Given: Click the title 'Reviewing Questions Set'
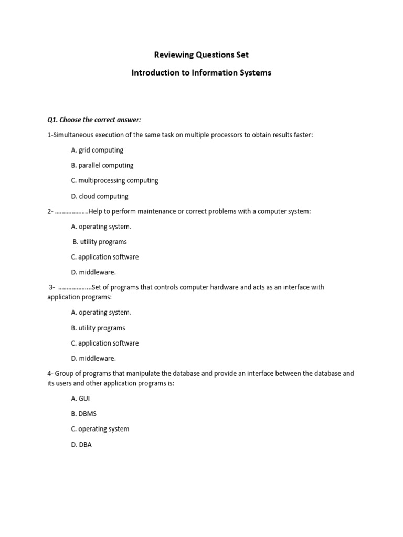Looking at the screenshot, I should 201,55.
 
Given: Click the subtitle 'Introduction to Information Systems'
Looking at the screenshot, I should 201,73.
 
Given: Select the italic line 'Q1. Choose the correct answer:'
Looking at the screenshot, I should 94,120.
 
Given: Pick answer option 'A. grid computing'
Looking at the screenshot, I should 97,150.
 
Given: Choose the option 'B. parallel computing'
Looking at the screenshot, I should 102,165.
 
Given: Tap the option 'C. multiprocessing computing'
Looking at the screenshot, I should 114,180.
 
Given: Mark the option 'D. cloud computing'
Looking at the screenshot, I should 100,196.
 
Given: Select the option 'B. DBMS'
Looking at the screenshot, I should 84,414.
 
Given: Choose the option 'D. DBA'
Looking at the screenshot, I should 81,445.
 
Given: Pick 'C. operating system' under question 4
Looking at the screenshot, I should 100,429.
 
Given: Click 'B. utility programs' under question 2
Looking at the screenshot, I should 100,242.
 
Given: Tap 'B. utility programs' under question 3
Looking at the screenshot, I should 98,328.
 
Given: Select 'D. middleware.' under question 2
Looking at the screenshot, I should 93,273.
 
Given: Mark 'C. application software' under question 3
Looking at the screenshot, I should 105,343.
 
